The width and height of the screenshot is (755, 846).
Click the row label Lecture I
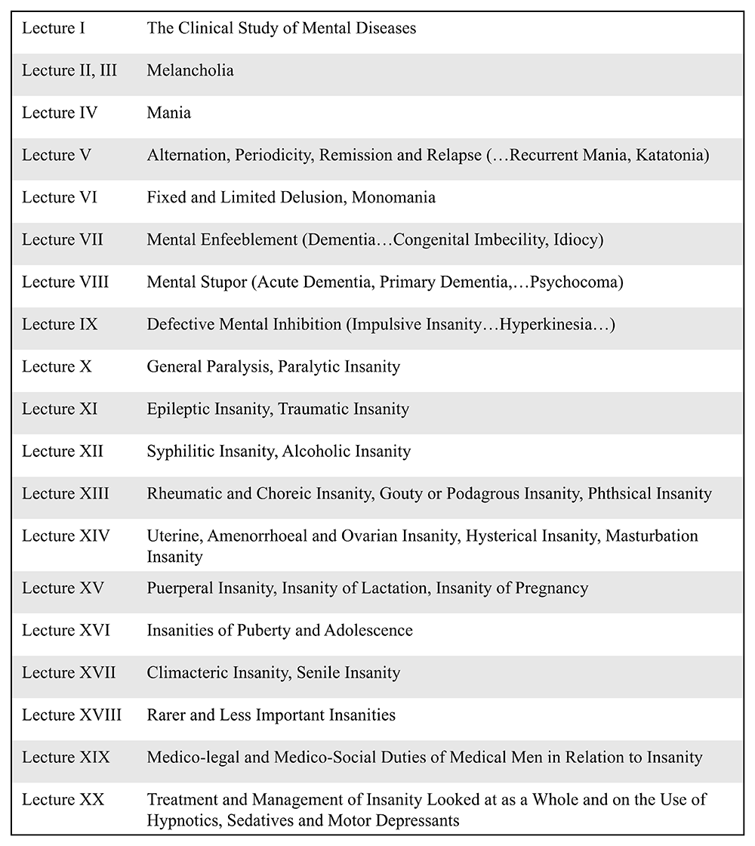52,29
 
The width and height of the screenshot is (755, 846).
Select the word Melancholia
190,71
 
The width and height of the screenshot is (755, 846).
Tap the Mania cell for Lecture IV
169,113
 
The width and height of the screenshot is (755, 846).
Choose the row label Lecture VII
63,240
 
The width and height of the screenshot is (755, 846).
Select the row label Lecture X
57,367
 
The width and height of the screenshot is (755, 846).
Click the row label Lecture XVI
66,630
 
